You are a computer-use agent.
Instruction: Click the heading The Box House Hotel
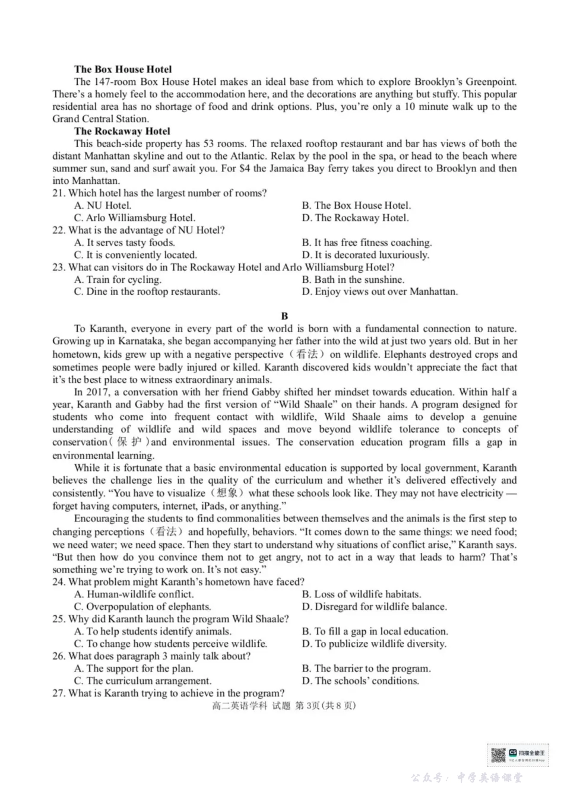coord(123,69)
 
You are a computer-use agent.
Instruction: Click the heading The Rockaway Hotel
coord(122,131)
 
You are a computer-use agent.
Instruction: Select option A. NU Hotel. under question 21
coord(103,205)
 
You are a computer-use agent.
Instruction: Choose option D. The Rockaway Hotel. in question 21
coord(355,218)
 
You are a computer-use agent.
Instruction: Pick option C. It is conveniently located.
coord(135,255)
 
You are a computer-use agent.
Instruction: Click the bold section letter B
coord(284,316)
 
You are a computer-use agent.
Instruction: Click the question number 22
coord(58,230)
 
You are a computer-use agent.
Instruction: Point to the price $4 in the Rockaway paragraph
coord(243,168)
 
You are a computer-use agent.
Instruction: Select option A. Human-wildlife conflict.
coord(134,594)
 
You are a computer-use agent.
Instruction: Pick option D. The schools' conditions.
coord(360,681)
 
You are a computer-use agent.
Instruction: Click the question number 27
coord(58,694)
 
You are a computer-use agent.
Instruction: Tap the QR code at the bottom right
coord(498,755)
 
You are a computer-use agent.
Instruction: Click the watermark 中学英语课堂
coord(490,778)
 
